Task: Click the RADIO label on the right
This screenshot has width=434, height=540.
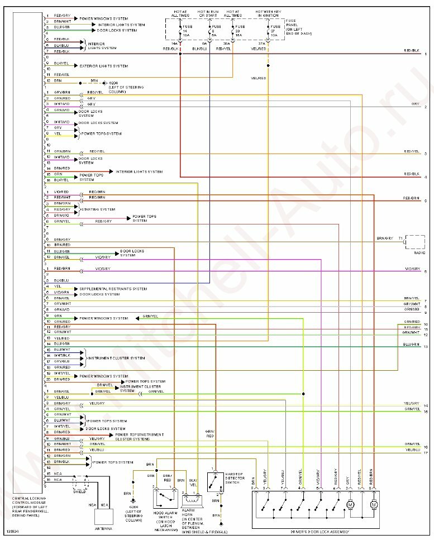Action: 419,252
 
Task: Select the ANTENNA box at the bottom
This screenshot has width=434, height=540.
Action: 104,518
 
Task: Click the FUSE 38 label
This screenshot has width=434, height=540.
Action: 240,30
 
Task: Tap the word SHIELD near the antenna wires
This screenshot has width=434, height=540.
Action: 79,491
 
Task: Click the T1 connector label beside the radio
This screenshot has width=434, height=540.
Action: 400,238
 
